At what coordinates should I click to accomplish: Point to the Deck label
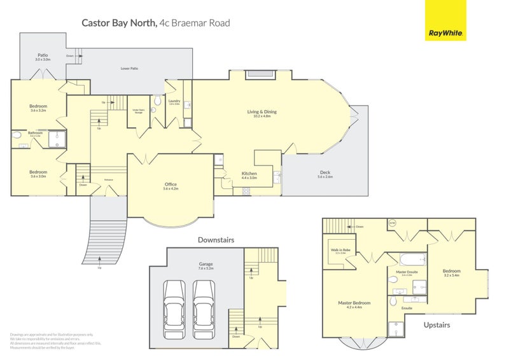(325, 174)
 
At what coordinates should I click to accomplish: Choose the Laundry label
(174, 101)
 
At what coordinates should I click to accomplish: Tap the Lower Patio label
(130, 67)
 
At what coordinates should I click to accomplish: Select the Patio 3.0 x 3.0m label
(43, 57)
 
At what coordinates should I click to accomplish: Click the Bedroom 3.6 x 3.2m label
(38, 107)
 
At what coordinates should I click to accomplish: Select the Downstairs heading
(216, 240)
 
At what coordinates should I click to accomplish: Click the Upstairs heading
(436, 325)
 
